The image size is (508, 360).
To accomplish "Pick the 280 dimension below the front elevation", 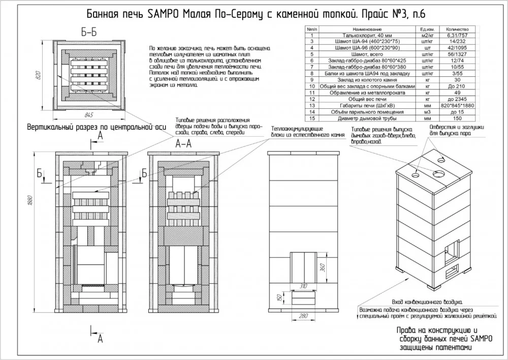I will (x=304, y=317).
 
